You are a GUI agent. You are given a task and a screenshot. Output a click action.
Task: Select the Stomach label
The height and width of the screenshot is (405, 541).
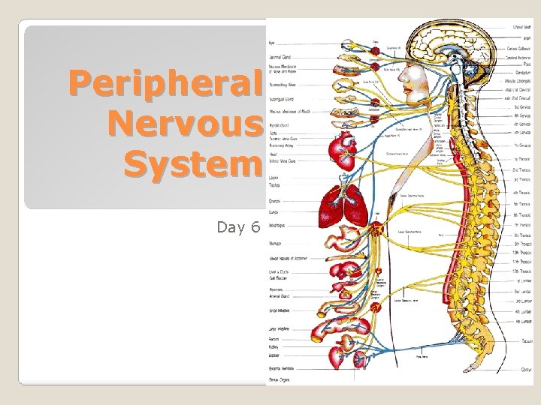(x=276, y=244)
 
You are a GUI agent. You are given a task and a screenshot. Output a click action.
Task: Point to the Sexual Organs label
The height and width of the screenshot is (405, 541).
(x=283, y=379)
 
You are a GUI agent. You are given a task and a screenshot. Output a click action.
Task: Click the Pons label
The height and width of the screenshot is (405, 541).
(x=527, y=65)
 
